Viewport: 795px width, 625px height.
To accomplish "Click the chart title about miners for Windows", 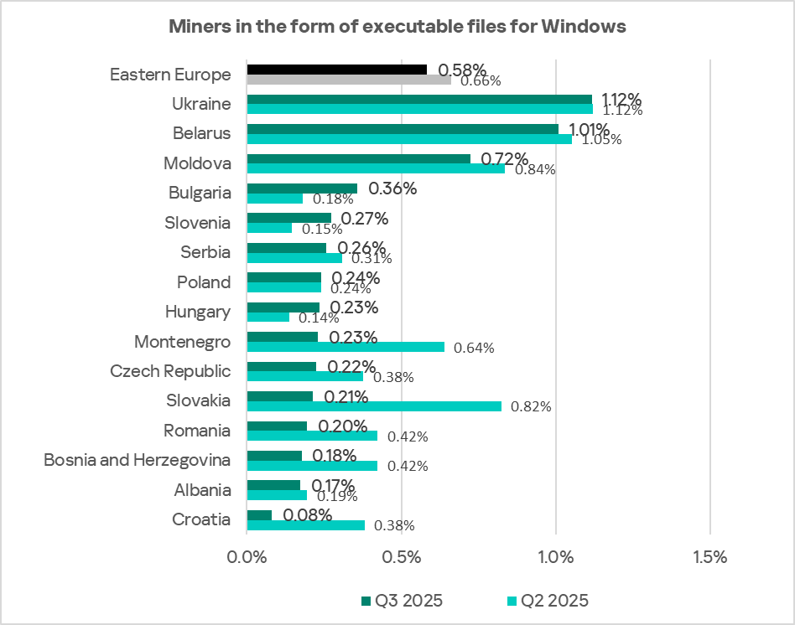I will (397, 26).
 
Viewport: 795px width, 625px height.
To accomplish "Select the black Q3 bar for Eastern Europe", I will (336, 69).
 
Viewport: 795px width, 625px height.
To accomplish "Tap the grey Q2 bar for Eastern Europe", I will (348, 80).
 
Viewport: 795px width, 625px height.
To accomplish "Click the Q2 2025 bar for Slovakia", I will (374, 406).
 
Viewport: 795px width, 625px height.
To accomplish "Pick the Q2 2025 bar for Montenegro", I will (346, 347).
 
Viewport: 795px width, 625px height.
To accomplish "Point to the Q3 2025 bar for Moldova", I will (358, 158).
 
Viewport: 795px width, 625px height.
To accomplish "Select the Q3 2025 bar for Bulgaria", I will (302, 189).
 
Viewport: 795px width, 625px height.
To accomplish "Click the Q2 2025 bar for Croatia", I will (305, 525).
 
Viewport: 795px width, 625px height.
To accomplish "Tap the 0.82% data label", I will (531, 407).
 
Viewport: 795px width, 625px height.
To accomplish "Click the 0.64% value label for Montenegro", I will (474, 348).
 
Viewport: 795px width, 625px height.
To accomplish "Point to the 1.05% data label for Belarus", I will (601, 139).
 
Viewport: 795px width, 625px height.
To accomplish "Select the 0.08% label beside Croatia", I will (307, 515).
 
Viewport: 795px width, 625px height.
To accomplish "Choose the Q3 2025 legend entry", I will (402, 600).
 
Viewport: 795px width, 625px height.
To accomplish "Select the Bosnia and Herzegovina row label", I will (137, 460).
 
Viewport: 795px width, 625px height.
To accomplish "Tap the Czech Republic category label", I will (170, 371).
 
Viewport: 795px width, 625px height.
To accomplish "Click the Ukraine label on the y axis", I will (201, 104).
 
